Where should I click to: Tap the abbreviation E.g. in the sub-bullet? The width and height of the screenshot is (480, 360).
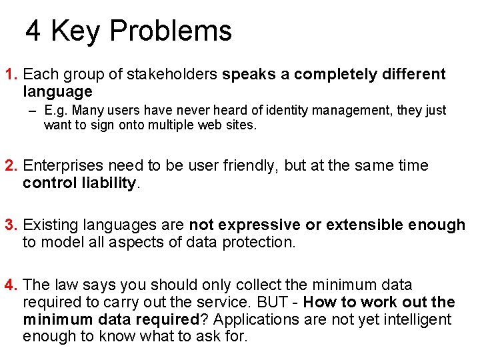tap(57, 110)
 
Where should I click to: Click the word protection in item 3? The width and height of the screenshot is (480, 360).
tap(257, 243)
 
